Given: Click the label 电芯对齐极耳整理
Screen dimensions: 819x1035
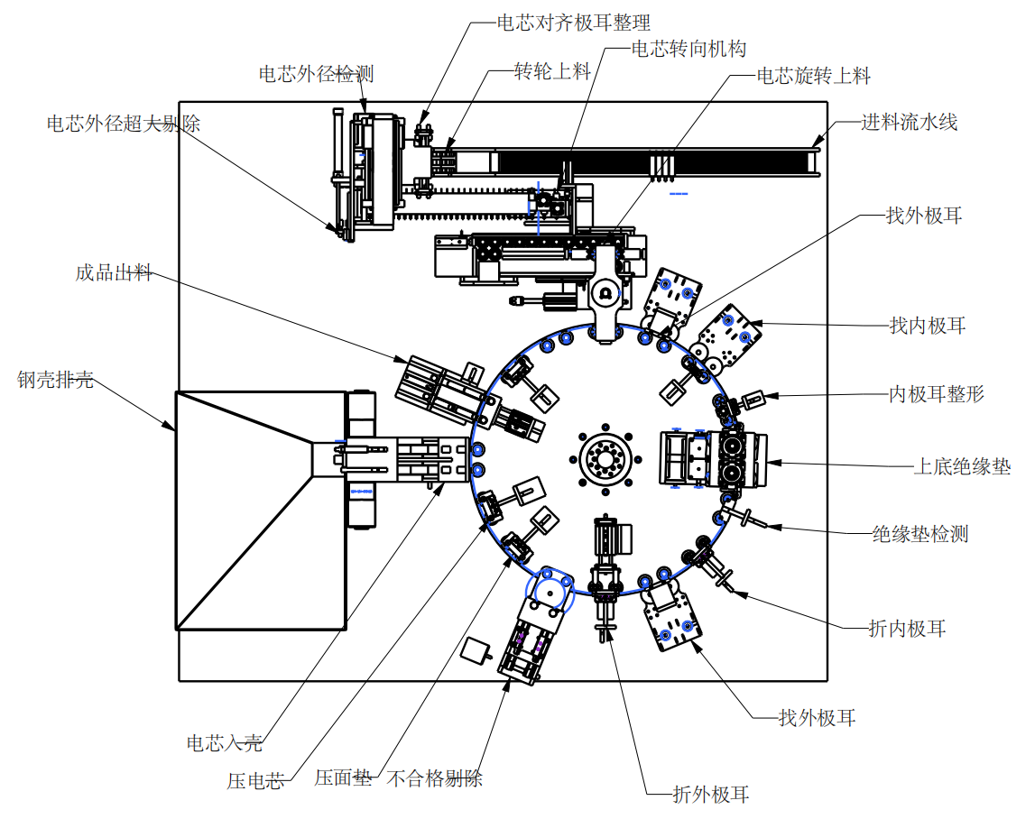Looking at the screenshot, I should (x=573, y=23).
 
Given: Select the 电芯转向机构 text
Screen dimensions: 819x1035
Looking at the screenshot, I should (x=688, y=49).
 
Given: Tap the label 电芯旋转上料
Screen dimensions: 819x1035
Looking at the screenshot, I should (x=813, y=76).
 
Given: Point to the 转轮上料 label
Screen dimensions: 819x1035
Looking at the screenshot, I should (x=552, y=71).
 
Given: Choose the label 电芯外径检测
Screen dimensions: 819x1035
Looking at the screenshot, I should (x=316, y=74).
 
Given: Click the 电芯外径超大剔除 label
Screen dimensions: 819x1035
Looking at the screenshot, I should (x=124, y=124).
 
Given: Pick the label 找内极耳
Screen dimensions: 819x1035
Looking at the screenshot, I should (x=928, y=326).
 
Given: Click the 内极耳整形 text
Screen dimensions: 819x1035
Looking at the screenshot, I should (x=936, y=393).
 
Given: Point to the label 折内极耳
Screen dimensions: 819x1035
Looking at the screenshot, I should (x=907, y=629).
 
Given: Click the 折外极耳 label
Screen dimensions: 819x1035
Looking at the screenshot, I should (x=711, y=795).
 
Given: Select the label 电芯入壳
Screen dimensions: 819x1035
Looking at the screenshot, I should (x=224, y=743).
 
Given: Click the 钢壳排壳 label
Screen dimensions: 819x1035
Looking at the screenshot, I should (x=55, y=380).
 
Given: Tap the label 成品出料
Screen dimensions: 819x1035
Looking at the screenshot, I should (x=114, y=272).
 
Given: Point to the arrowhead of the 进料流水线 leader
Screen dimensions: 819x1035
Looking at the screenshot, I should (x=816, y=143).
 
